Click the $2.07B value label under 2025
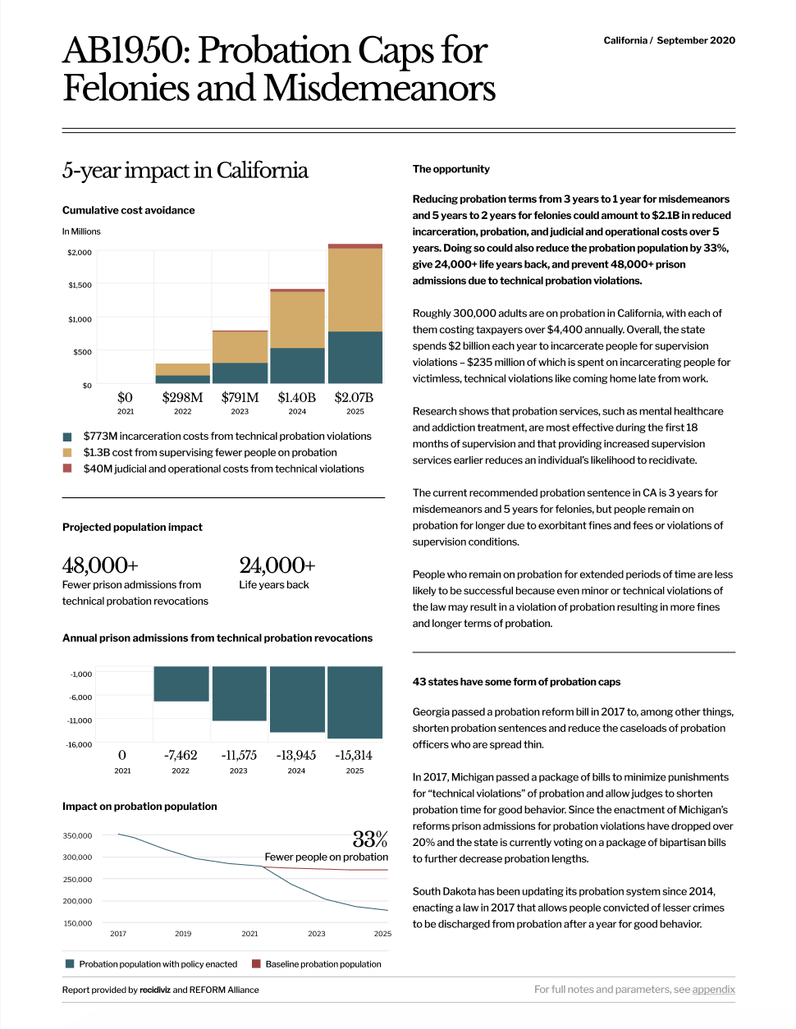354,398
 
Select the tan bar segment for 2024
297,320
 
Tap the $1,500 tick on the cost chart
80,286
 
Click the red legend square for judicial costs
67,469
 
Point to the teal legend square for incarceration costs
67,437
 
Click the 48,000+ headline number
100,565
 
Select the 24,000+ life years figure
277,565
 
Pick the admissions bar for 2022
181,684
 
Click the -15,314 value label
354,756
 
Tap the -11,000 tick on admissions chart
80,720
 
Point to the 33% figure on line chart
369,839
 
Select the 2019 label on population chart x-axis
183,934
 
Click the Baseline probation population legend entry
323,964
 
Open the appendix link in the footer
713,990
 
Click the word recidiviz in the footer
155,990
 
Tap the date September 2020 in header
696,40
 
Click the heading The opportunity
451,169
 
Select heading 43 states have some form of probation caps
516,682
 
